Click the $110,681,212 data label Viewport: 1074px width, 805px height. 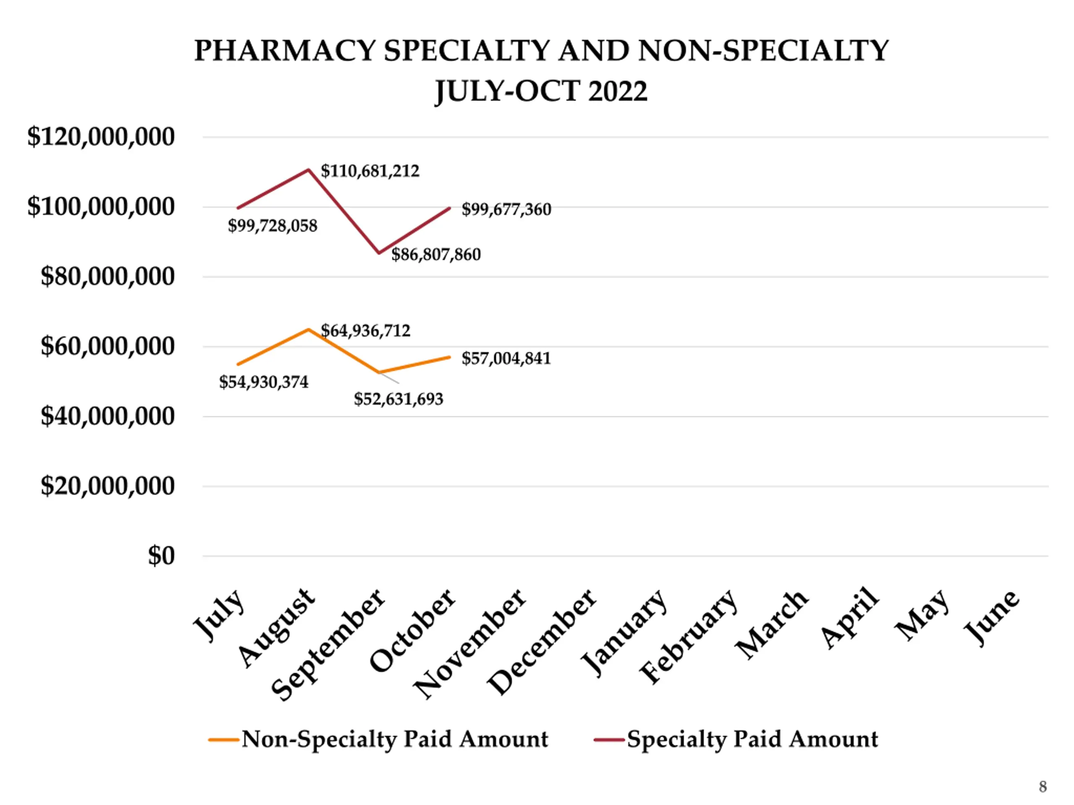tap(370, 171)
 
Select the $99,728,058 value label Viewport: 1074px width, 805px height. tap(272, 226)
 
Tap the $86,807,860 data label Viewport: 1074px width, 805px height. tap(436, 254)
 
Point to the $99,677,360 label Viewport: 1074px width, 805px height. tap(506, 209)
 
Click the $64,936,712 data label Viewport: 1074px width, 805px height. tap(365, 330)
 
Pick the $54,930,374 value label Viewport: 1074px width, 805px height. tap(263, 382)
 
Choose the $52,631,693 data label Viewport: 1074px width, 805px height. tap(398, 399)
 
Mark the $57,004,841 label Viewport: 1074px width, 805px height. tap(506, 358)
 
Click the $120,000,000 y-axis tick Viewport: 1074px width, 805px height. tap(101, 136)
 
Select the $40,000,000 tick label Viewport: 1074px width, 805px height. tap(107, 416)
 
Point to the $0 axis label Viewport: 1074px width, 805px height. tap(161, 556)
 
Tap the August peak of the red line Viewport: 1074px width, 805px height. tap(308, 169)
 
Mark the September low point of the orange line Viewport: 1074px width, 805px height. tap(379, 372)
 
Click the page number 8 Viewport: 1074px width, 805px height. tap(1043, 787)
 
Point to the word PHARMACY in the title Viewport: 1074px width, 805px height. tap(285, 50)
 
